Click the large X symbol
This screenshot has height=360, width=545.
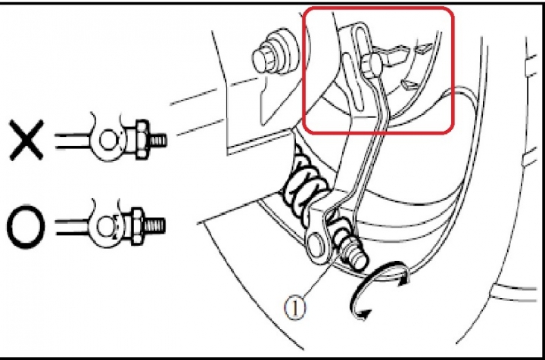(26, 140)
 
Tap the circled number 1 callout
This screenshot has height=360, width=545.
(295, 308)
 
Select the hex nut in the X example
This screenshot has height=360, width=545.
(142, 140)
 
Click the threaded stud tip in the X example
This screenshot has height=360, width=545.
(158, 140)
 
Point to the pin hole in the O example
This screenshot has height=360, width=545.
(104, 226)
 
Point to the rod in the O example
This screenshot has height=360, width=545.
(72, 226)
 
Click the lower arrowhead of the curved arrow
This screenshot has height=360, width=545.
(363, 314)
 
